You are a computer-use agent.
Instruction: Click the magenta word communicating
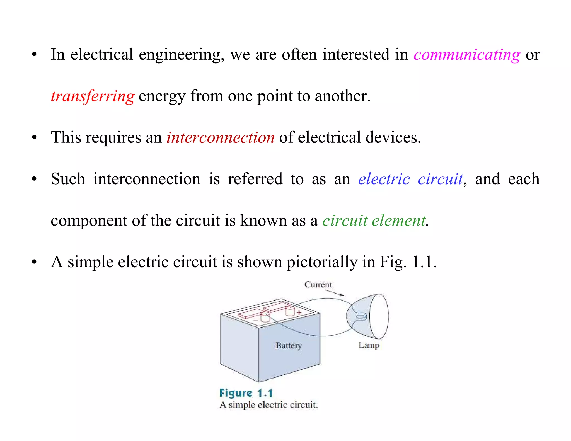click(x=467, y=55)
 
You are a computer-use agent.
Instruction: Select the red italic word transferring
click(x=93, y=96)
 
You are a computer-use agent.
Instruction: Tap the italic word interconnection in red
click(x=221, y=138)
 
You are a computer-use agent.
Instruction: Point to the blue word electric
click(x=384, y=179)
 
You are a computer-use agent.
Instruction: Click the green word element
click(x=399, y=220)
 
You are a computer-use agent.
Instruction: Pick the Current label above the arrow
click(x=318, y=285)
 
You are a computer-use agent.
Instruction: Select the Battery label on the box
click(x=289, y=346)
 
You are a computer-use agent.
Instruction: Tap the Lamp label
click(x=369, y=345)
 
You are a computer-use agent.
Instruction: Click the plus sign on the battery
click(x=299, y=312)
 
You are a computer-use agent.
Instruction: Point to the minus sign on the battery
click(x=255, y=320)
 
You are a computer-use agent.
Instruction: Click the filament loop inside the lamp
click(x=362, y=317)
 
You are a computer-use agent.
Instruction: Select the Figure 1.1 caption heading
click(x=246, y=393)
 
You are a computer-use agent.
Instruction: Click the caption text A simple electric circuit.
click(x=268, y=405)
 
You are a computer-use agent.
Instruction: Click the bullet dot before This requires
click(x=34, y=137)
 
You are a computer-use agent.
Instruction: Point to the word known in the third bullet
click(x=263, y=220)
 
